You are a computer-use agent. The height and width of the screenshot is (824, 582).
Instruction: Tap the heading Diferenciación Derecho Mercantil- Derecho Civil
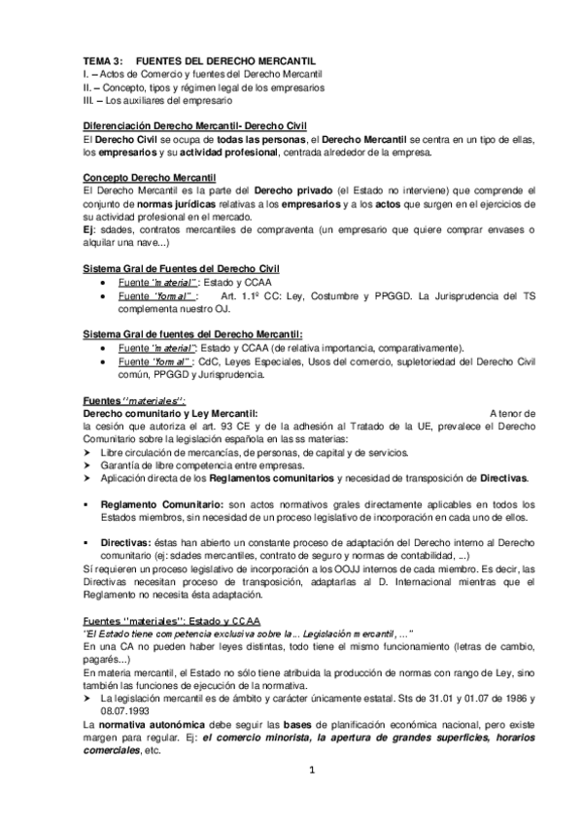[195, 126]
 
